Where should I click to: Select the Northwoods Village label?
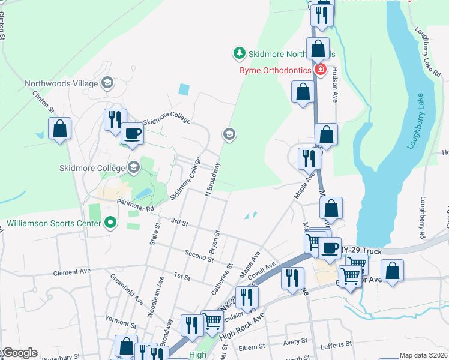coord(62,83)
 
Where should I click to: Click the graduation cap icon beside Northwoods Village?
coord(108,83)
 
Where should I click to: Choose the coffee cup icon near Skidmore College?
coord(133,134)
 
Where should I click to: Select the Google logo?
coord(19,353)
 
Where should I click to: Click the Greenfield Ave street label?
coord(127,288)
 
